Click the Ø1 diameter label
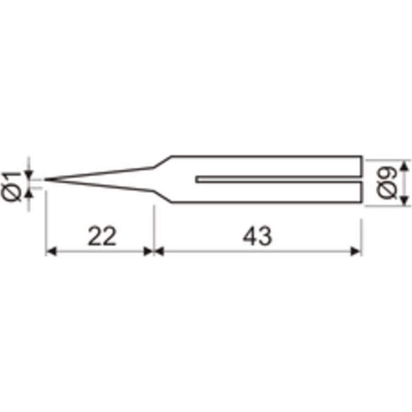coord(11,186)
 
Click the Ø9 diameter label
coord(386,183)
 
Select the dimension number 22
coord(102,236)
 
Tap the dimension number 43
coord(257,236)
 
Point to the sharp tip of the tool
coord(45,180)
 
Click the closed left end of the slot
coord(196,179)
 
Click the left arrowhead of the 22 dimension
coord(51,252)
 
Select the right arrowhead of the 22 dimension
coord(148,252)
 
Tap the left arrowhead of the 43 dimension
coord(159,252)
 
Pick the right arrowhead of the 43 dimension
coord(356,252)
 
